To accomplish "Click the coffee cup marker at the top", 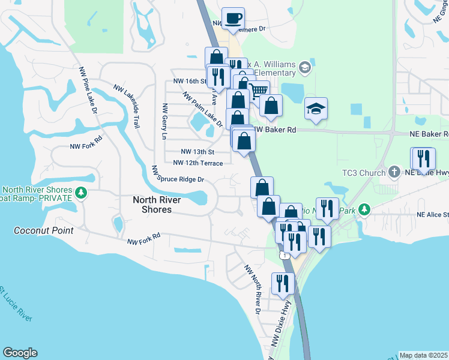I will pos(233,18).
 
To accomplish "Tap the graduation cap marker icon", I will pos(316,109).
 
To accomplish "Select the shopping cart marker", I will pos(258,91).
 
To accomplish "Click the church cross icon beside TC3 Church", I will pos(394,173).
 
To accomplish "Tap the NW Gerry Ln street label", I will pos(163,121).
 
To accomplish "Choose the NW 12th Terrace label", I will pos(198,163).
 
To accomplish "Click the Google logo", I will pos(20,353).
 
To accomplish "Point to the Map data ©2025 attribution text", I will pos(423,355).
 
